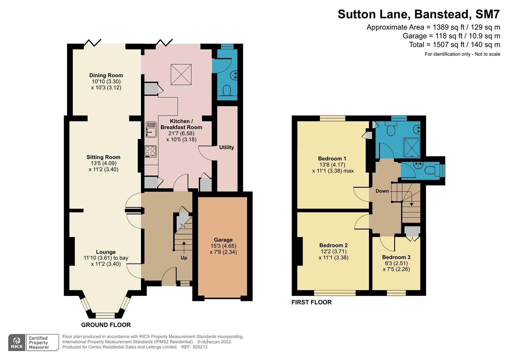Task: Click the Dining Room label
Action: click(106, 75)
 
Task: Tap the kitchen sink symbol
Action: click(151, 130)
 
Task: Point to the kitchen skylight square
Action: click(181, 74)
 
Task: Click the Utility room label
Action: click(226, 147)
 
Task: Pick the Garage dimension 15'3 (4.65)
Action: click(223, 246)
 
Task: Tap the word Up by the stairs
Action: click(184, 258)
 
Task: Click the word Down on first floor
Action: click(382, 191)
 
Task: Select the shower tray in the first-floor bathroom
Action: click(412, 148)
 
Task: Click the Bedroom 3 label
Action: click(396, 257)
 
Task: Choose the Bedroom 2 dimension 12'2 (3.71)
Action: click(334, 251)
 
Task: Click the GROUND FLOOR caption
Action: click(106, 325)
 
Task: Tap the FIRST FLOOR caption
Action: click(312, 302)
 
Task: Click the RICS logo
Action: click(17, 343)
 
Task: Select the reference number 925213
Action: click(200, 347)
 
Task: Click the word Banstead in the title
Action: click(442, 14)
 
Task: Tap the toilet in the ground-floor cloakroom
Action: click(227, 90)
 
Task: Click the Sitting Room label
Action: click(103, 157)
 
